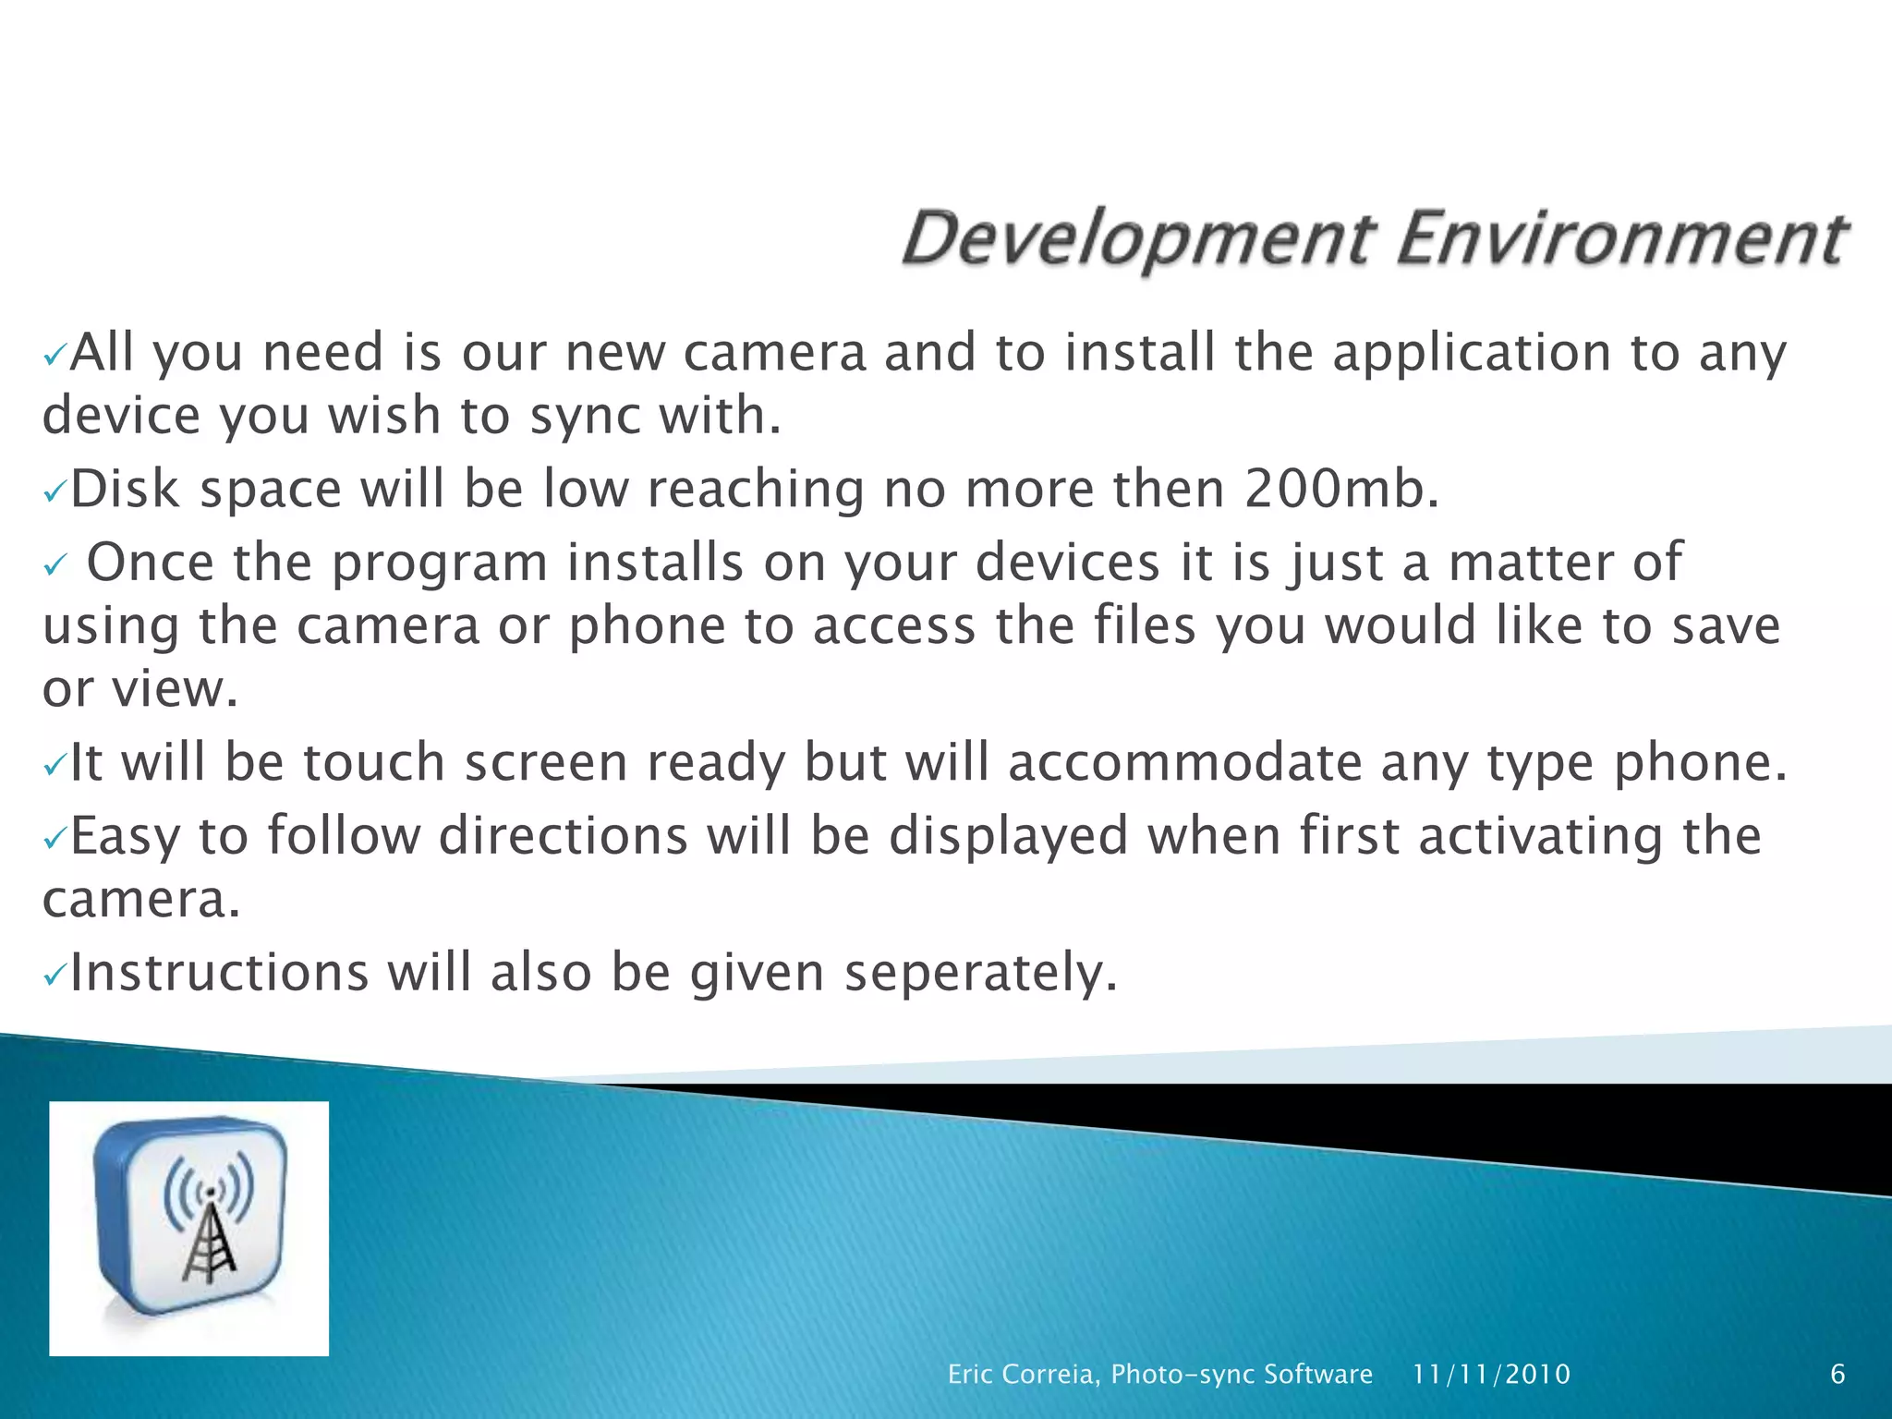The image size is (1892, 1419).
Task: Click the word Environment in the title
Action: [x=1621, y=238]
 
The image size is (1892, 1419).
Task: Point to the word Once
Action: [x=150, y=562]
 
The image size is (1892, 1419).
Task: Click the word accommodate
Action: [x=1185, y=763]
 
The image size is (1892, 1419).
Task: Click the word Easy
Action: [x=125, y=837]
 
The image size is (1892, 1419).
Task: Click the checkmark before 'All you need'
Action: [x=55, y=356]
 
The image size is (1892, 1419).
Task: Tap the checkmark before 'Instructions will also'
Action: [x=55, y=975]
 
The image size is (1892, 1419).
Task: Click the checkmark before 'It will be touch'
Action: [x=55, y=765]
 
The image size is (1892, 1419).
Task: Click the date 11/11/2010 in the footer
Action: [x=1491, y=1375]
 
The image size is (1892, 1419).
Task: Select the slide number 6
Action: [x=1837, y=1375]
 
